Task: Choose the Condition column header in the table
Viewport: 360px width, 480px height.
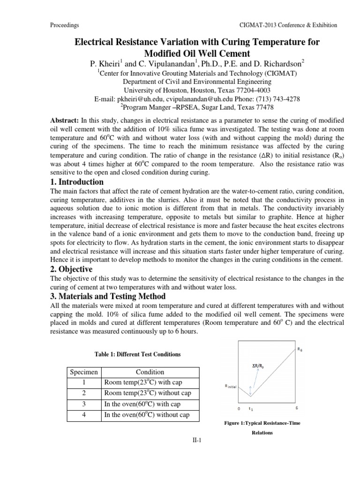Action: [150, 372]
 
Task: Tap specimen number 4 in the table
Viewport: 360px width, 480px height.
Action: [83, 415]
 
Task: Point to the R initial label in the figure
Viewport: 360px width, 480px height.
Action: [232, 386]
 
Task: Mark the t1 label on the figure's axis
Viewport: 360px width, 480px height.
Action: [251, 409]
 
